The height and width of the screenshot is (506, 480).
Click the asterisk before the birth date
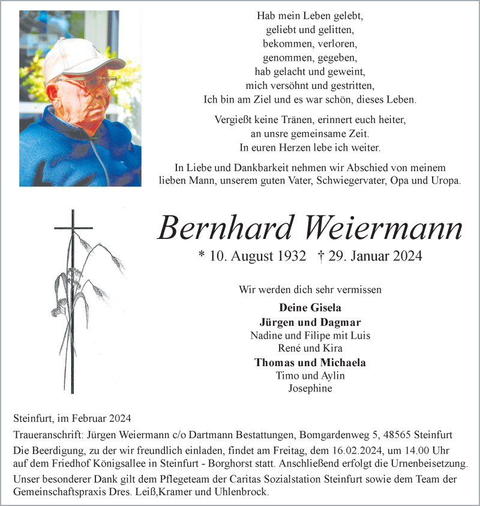point(202,255)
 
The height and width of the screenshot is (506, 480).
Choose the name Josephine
point(310,388)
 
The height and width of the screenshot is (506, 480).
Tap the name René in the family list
point(290,348)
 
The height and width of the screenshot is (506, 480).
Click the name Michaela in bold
point(344,362)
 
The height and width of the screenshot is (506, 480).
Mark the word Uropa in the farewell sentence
point(445,181)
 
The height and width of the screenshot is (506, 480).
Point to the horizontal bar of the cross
point(73,228)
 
